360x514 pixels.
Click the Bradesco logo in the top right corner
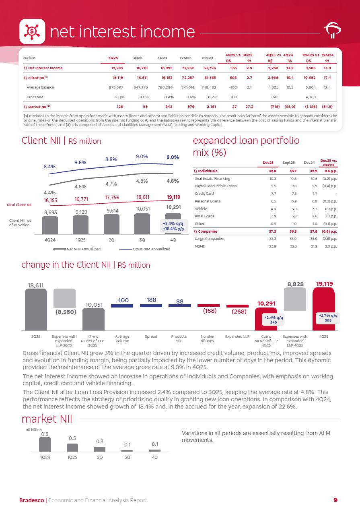(332, 31)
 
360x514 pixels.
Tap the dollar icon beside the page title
(32, 31)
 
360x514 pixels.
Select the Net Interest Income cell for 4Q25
(117, 68)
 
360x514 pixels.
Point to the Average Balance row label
(40, 87)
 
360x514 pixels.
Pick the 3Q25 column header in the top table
(138, 58)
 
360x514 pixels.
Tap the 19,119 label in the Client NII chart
(173, 197)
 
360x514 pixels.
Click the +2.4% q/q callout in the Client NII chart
(173, 226)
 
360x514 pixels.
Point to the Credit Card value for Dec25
(273, 194)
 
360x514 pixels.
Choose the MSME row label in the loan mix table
(200, 246)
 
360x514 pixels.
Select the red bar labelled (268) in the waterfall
(237, 306)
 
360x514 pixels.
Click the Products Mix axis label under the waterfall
(179, 339)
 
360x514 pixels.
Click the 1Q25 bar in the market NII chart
(72, 448)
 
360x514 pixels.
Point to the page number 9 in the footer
(335, 500)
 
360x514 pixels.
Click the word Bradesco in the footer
(32, 500)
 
